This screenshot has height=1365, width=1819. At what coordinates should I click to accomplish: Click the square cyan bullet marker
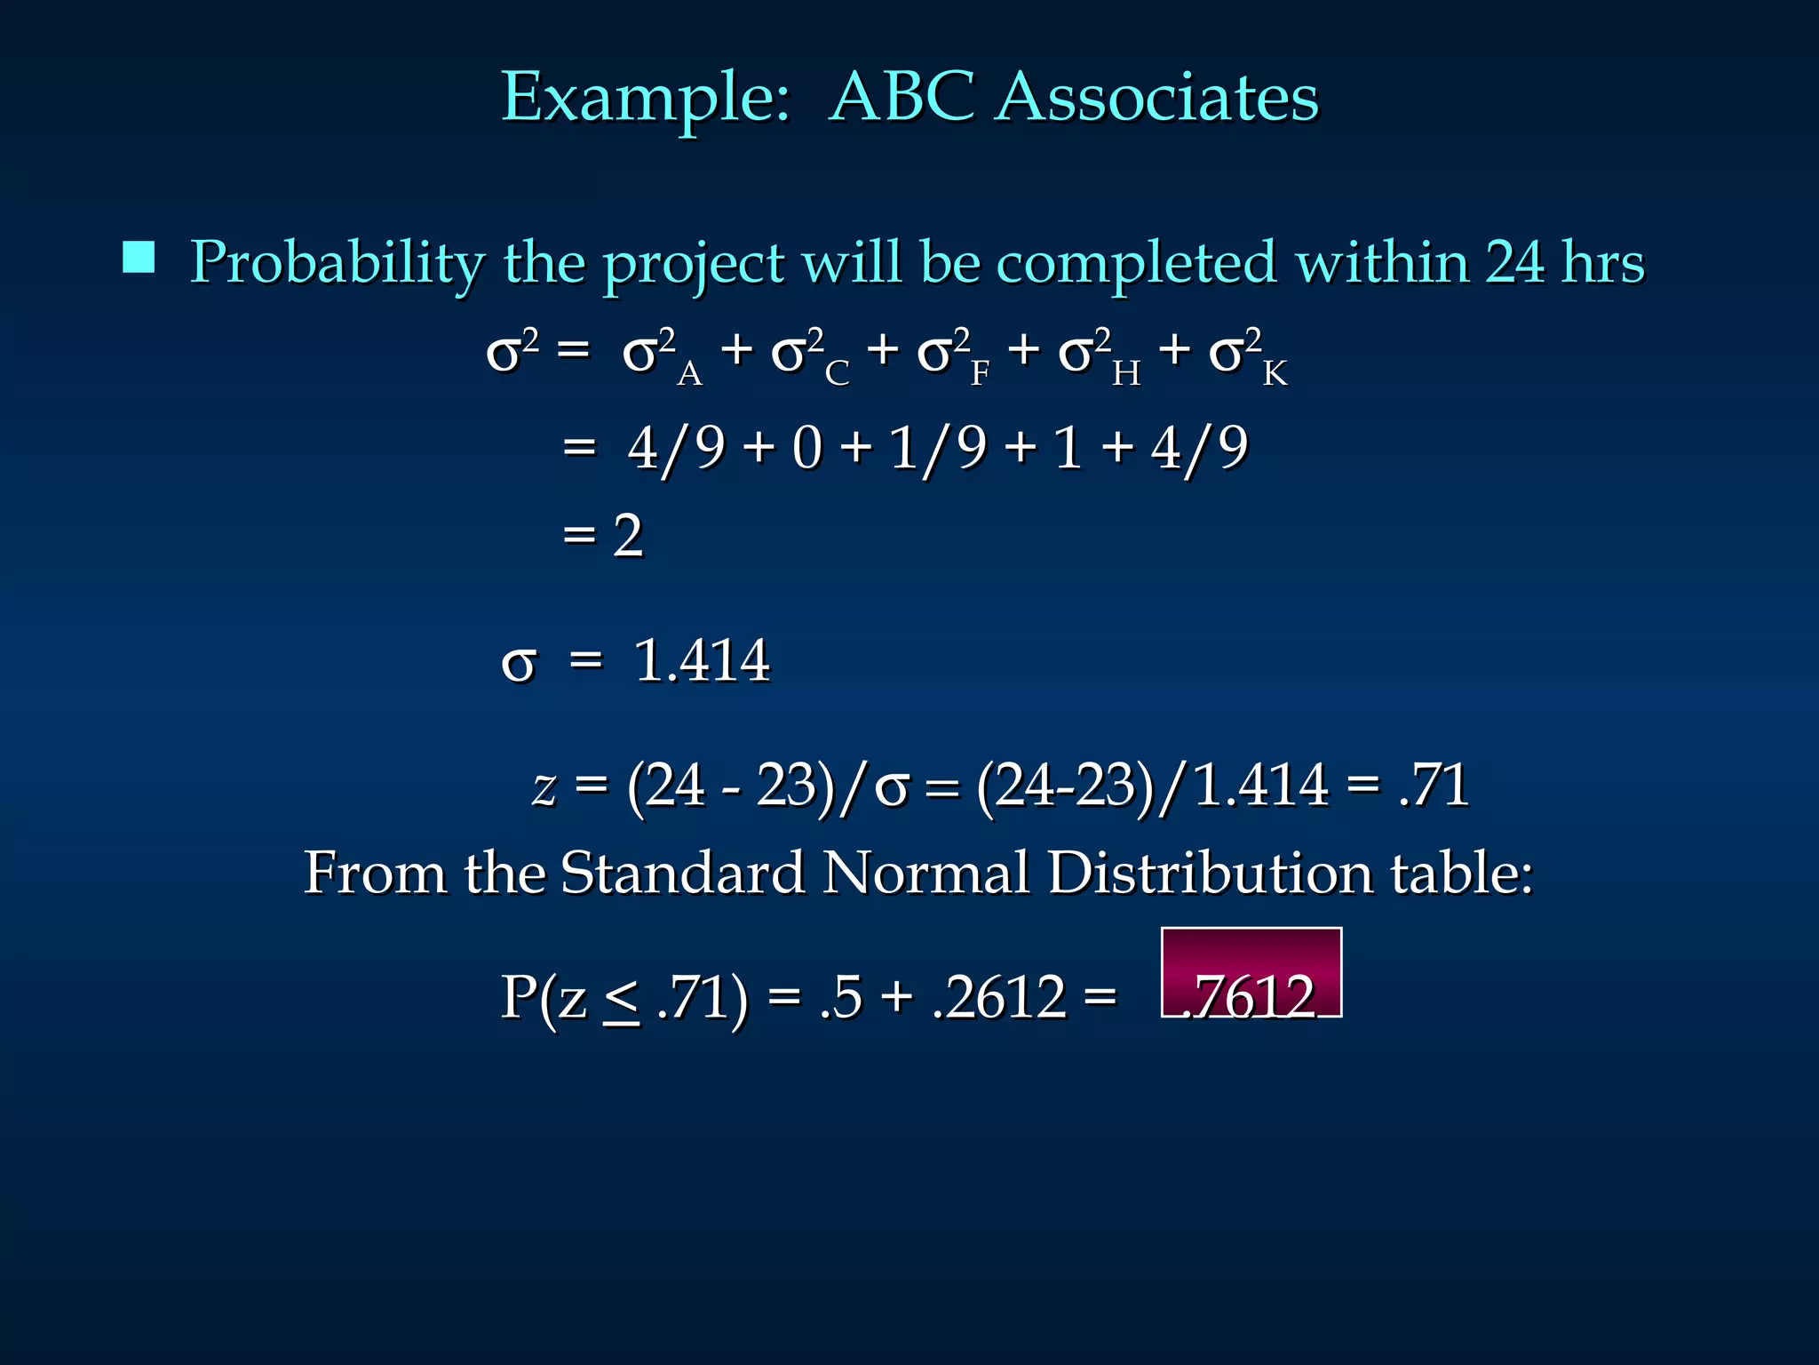(x=139, y=257)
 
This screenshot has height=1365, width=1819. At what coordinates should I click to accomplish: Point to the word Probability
(x=338, y=264)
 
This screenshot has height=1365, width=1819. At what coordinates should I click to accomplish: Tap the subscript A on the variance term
(x=689, y=374)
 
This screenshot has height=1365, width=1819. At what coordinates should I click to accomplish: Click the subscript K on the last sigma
(x=1275, y=374)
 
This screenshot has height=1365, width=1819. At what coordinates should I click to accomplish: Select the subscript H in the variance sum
(x=1126, y=374)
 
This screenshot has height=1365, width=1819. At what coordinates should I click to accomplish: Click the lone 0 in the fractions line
(x=807, y=447)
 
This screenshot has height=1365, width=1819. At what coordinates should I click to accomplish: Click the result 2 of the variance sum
(x=628, y=536)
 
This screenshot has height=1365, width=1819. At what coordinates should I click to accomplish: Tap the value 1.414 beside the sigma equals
(x=702, y=660)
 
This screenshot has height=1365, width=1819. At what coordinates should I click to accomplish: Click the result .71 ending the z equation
(x=1434, y=786)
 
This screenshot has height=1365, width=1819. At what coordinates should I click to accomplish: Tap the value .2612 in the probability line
(x=999, y=997)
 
